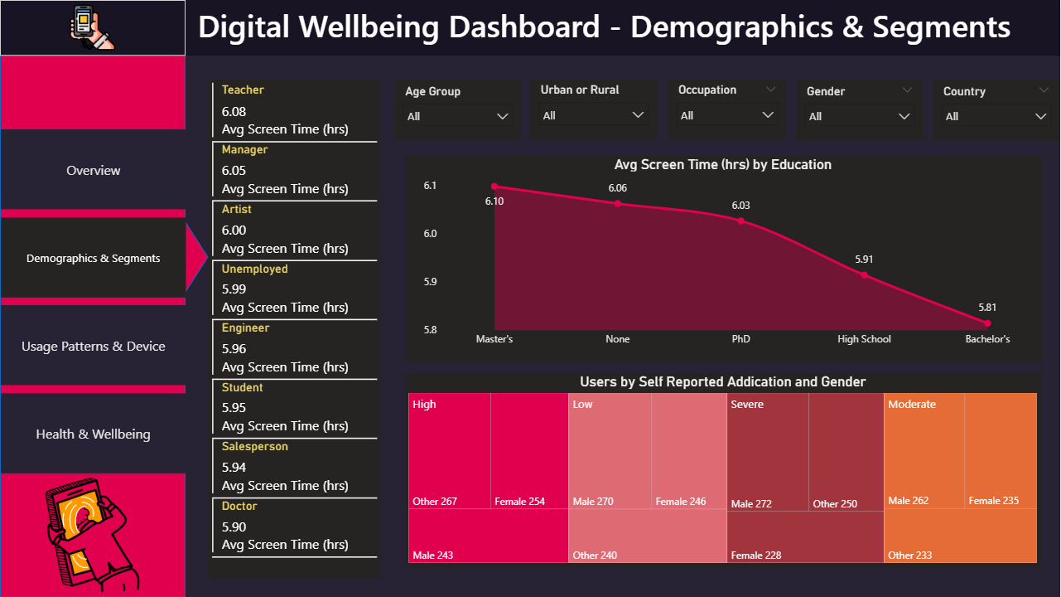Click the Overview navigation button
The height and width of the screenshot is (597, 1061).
pyautogui.click(x=93, y=171)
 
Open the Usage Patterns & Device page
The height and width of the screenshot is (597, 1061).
pyautogui.click(x=93, y=347)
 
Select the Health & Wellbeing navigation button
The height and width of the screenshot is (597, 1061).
pyautogui.click(x=93, y=434)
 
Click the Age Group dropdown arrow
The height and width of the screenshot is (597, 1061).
pyautogui.click(x=502, y=117)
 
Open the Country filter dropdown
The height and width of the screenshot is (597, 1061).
pyautogui.click(x=1041, y=117)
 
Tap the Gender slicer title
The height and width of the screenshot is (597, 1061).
pyautogui.click(x=826, y=91)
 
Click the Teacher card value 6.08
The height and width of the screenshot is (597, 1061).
pyautogui.click(x=234, y=111)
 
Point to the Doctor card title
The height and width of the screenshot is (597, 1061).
pyautogui.click(x=239, y=506)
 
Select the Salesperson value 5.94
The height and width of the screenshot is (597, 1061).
pyautogui.click(x=234, y=467)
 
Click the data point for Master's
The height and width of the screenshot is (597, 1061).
pyautogui.click(x=494, y=187)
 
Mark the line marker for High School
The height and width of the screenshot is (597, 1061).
pyautogui.click(x=864, y=274)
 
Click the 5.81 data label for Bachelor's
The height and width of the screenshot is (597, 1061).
pyautogui.click(x=987, y=308)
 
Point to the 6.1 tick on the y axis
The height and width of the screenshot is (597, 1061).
pyautogui.click(x=429, y=186)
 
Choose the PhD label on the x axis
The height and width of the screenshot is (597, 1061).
pyautogui.click(x=740, y=339)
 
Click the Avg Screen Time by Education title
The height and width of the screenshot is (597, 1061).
pyautogui.click(x=722, y=165)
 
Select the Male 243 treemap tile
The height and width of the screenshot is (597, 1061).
pyautogui.click(x=488, y=536)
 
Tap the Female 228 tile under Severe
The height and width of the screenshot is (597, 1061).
pyautogui.click(x=805, y=538)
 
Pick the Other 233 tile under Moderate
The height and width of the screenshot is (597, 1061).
pyautogui.click(x=960, y=536)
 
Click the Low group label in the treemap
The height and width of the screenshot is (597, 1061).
pyautogui.click(x=583, y=405)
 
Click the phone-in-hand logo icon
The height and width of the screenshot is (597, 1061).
pyautogui.click(x=93, y=27)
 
